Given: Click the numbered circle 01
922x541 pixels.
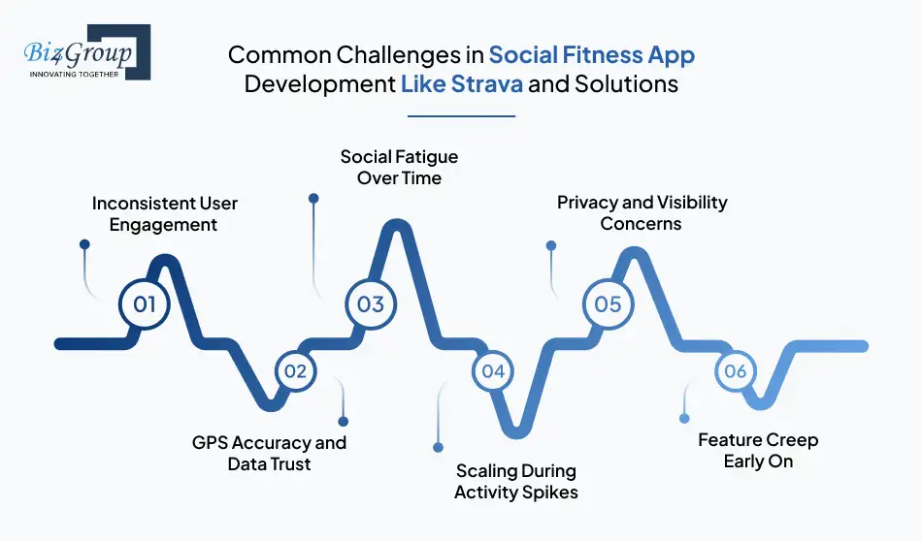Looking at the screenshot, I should [x=145, y=304].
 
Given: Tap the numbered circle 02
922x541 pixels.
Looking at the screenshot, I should [x=296, y=370].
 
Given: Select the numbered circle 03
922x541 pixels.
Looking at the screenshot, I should [x=371, y=304].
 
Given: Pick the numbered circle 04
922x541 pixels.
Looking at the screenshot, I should [x=493, y=370].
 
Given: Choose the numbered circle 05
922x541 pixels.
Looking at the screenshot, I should [x=608, y=304].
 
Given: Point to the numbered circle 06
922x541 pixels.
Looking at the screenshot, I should [x=735, y=371].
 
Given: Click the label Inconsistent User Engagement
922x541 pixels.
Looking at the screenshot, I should [x=164, y=213].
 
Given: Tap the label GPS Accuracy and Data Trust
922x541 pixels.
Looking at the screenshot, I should [x=269, y=453].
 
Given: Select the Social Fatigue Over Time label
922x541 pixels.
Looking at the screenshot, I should [x=398, y=167].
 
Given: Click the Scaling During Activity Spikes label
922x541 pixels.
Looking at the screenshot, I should [x=515, y=481].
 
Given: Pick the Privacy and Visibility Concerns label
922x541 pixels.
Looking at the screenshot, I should [x=641, y=212].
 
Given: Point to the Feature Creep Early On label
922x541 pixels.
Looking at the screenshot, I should [x=757, y=450].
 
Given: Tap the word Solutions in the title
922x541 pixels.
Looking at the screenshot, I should [x=626, y=83].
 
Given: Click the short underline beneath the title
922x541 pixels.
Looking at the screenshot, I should [x=461, y=116].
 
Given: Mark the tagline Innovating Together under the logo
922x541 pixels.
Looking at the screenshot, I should [x=74, y=74].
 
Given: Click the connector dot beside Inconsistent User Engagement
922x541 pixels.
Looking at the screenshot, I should [x=83, y=246].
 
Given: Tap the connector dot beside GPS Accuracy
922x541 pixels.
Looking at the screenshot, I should [x=343, y=421].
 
